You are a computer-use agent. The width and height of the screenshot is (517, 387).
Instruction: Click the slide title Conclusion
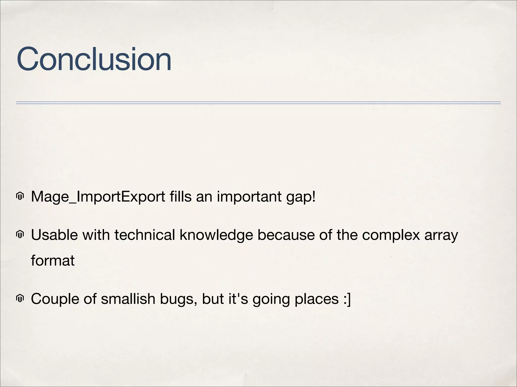point(94,59)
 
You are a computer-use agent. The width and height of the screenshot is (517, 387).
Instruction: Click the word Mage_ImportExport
point(98,197)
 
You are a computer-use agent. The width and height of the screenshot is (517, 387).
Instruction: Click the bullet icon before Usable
point(20,235)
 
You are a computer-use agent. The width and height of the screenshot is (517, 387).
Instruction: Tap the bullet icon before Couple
point(20,299)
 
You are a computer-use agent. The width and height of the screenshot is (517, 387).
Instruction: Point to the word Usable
point(54,235)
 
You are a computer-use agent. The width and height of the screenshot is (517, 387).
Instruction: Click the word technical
point(145,235)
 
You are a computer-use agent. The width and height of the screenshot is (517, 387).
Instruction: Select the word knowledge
point(216,235)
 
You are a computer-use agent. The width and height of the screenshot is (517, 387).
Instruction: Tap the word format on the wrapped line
point(53,261)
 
